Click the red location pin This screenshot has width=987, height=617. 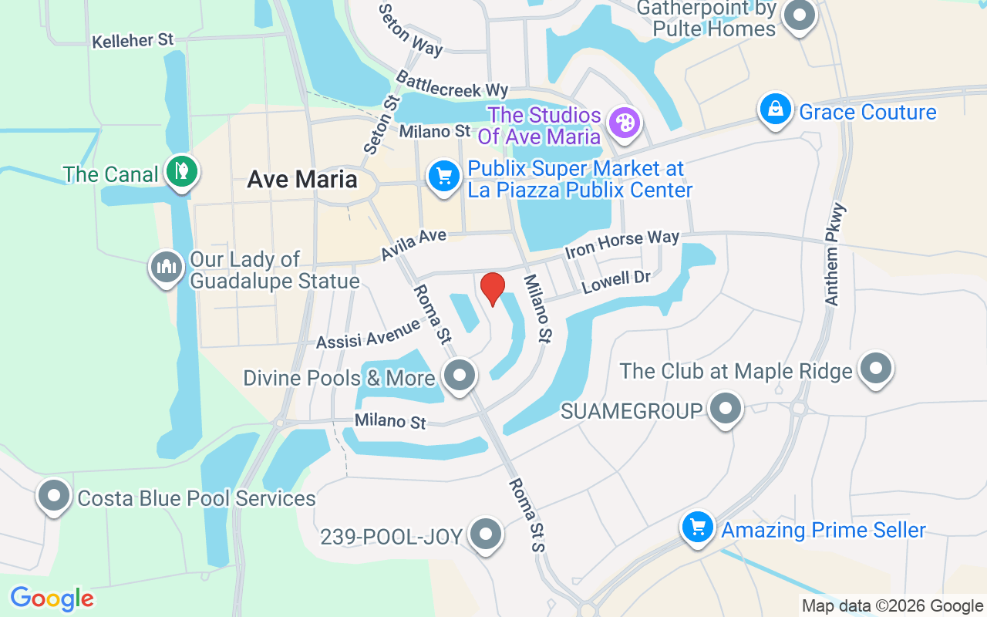tap(493, 288)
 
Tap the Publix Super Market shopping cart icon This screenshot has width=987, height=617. tap(443, 177)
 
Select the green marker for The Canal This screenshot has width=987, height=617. tap(182, 171)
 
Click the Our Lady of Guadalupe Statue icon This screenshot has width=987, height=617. tap(166, 268)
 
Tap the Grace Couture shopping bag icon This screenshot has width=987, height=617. tap(775, 110)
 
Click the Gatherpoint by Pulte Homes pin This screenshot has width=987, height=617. tap(800, 15)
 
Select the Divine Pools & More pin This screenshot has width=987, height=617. tap(461, 376)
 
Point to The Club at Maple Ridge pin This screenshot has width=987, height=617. tap(875, 369)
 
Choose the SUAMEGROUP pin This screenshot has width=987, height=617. tap(725, 409)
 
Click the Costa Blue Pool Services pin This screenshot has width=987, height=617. tap(54, 496)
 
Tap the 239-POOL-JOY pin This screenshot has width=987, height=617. tap(486, 533)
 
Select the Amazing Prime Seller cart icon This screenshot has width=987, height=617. tap(698, 528)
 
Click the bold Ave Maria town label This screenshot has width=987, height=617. tap(302, 180)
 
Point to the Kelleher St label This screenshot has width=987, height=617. tap(133, 40)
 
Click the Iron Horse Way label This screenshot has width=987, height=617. tap(622, 244)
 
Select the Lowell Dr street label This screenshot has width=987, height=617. tap(617, 282)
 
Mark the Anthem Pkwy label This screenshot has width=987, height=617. tap(835, 255)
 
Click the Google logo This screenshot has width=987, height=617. tap(52, 598)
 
